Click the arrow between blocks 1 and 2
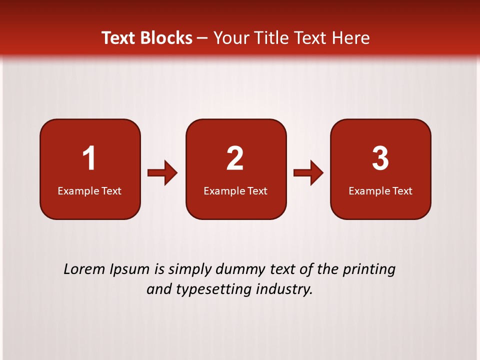pyautogui.click(x=163, y=173)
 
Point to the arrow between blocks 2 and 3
pyautogui.click(x=308, y=173)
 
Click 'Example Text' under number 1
pyautogui.click(x=89, y=190)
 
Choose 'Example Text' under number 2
pyautogui.click(x=235, y=190)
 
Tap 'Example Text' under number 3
pyautogui.click(x=380, y=190)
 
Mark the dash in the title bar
pyautogui.click(x=202, y=38)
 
